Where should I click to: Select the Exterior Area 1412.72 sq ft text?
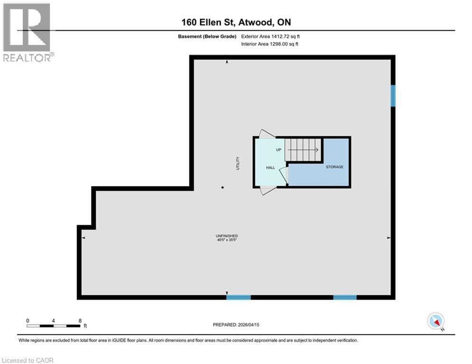click(x=270, y=36)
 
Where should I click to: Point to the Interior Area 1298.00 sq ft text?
click(x=269, y=44)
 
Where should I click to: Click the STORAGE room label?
click(x=334, y=167)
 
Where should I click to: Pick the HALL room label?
click(x=270, y=168)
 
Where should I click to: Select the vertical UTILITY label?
click(x=238, y=163)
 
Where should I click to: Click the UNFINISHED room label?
click(x=226, y=236)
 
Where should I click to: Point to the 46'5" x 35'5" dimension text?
click(x=226, y=240)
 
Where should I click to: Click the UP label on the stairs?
click(x=279, y=150)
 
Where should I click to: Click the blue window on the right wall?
click(x=393, y=95)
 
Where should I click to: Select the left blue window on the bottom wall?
click(x=238, y=298)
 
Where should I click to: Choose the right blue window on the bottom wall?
click(x=345, y=298)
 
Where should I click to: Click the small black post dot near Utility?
click(x=222, y=188)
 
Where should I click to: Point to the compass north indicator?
click(x=435, y=321)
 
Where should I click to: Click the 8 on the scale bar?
click(x=80, y=320)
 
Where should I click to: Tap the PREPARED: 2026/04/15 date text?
click(x=236, y=325)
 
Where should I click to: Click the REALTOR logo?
click(x=27, y=32)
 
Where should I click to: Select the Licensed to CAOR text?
click(x=28, y=360)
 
